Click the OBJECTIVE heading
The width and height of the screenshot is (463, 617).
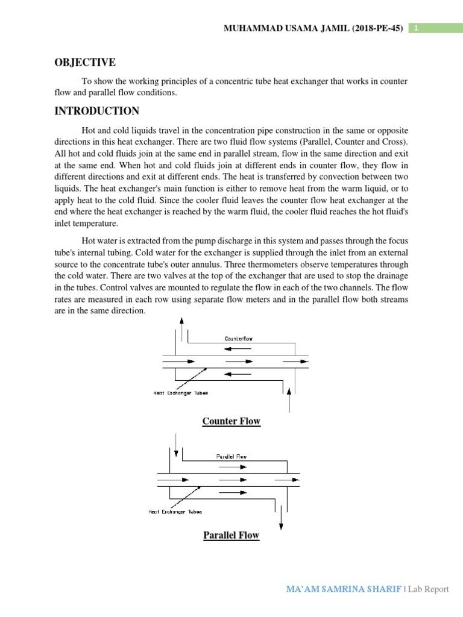click(85, 63)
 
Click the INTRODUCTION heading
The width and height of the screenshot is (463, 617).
click(97, 111)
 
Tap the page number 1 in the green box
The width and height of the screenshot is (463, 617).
click(415, 28)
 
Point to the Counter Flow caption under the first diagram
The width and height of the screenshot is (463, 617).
click(231, 421)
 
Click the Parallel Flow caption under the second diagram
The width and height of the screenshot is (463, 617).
click(231, 535)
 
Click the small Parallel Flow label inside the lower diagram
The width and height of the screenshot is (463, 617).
click(231, 456)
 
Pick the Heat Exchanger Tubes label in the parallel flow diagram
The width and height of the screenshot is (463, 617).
click(175, 512)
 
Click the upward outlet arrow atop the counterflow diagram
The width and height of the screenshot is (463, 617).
click(181, 329)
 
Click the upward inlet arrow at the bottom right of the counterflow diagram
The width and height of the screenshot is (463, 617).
click(290, 398)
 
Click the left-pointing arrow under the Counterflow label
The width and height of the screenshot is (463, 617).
click(231, 348)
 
